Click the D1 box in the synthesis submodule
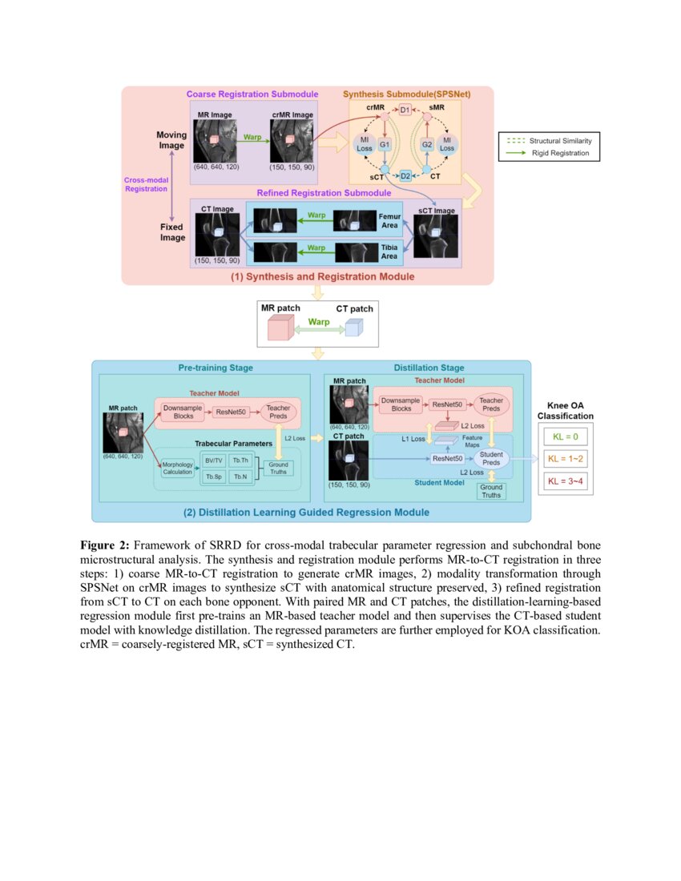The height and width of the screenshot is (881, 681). (405, 110)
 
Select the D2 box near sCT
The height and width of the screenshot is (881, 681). (405, 175)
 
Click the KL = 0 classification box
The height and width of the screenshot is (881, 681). (566, 436)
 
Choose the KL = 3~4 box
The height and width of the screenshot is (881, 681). (566, 481)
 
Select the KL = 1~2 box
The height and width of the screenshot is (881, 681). (566, 459)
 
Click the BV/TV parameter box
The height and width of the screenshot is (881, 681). (213, 460)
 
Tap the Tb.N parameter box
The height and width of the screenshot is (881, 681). (240, 477)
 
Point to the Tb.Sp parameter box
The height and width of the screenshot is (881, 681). (213, 477)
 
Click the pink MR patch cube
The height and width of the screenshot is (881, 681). (279, 328)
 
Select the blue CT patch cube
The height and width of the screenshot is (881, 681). (353, 328)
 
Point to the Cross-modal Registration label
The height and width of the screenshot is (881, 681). (146, 184)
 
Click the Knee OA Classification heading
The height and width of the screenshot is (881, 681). (566, 411)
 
